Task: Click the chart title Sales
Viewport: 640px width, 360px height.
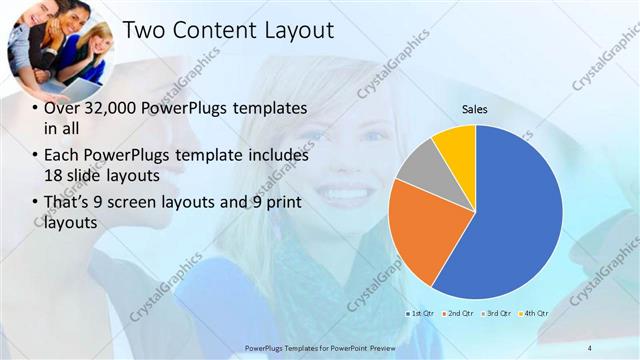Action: [475, 110]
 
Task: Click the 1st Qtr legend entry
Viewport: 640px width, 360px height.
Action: [421, 313]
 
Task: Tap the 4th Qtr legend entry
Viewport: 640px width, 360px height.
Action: [534, 313]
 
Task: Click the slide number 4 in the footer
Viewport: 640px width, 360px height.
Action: [589, 347]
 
